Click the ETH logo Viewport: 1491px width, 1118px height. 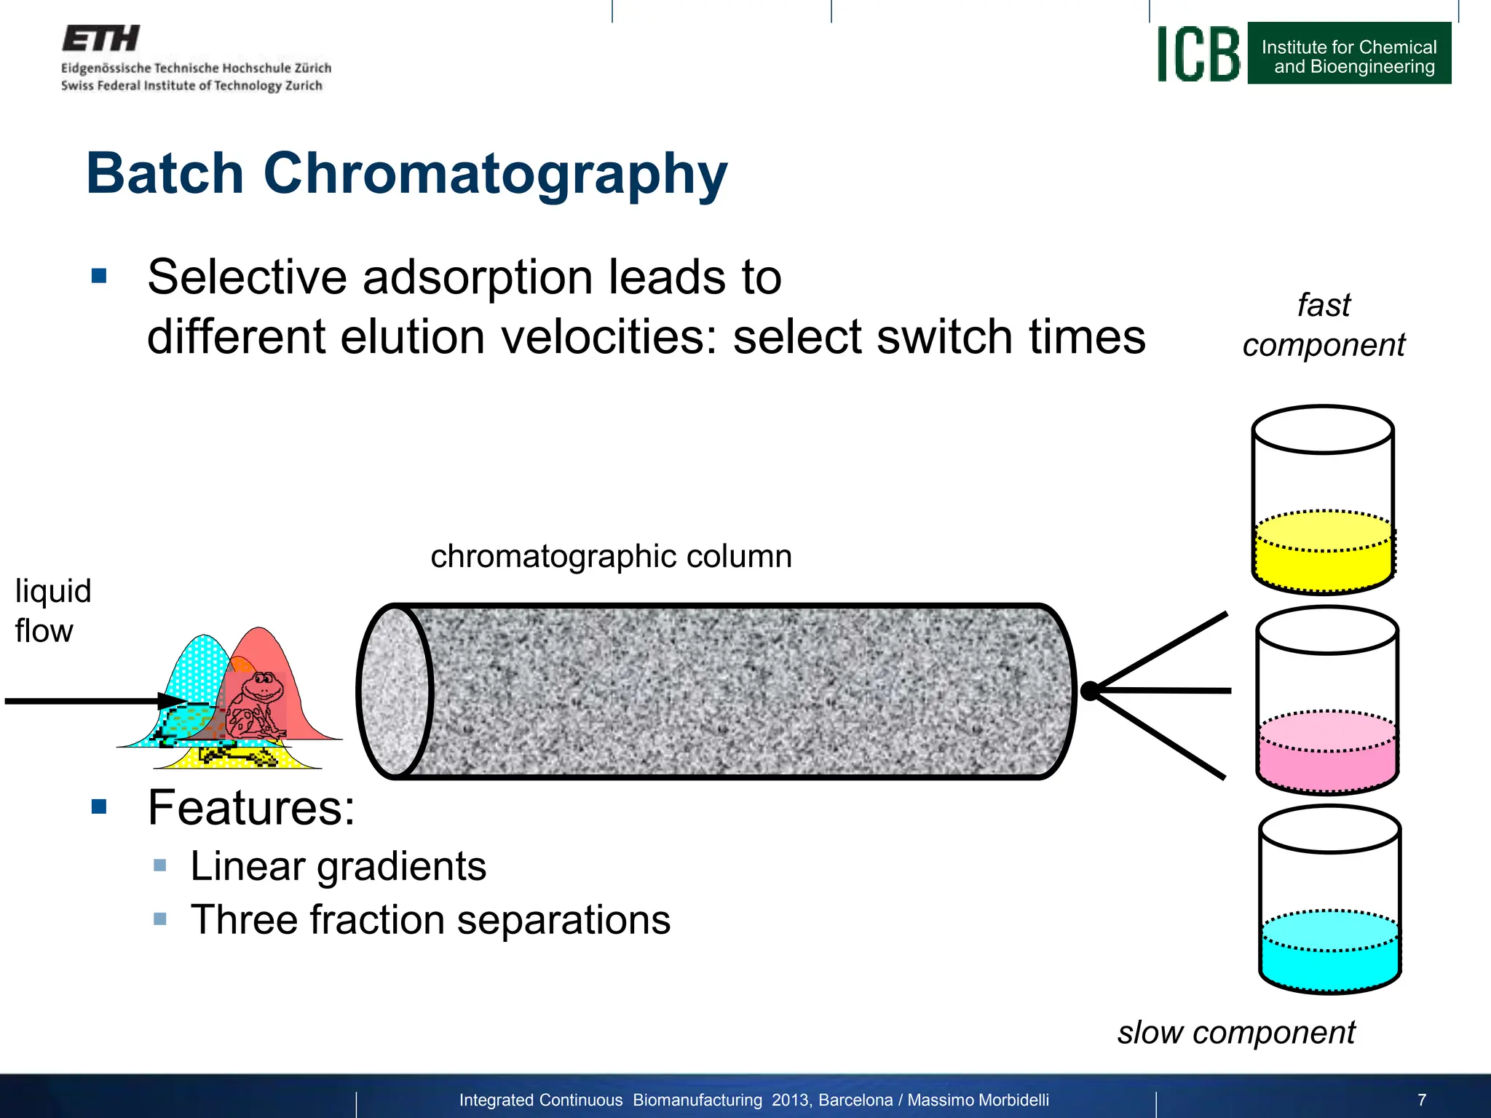pos(100,39)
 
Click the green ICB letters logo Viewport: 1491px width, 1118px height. pos(1198,55)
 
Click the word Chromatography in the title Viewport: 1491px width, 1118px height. pos(495,174)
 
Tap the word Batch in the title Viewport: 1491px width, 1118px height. pos(165,174)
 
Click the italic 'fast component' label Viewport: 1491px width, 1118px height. pos(1323,325)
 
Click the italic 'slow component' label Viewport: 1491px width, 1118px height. pos(1236,1032)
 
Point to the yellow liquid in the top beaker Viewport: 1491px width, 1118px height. pos(1323,560)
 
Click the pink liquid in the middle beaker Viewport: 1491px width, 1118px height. pos(1327,761)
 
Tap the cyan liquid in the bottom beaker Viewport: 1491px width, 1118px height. pos(1329,961)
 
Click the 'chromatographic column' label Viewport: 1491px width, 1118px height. pos(611,556)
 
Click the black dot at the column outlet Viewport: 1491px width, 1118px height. pos(1090,691)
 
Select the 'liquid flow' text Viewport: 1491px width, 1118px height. pos(52,611)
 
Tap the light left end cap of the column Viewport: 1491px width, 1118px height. pos(394,691)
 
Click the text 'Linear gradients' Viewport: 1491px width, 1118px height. pos(338,866)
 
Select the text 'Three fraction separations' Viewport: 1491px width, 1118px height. pos(430,920)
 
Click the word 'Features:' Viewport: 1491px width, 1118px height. pos(250,807)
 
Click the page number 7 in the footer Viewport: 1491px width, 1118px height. pos(1422,1100)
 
